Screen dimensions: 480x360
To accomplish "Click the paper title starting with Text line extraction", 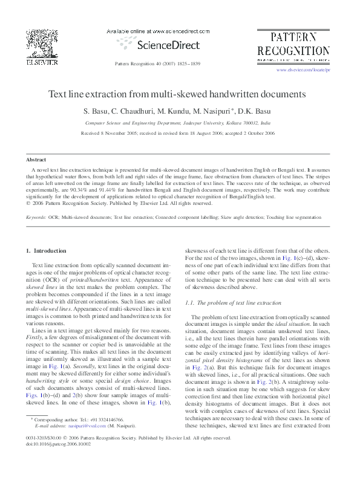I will tap(177, 95).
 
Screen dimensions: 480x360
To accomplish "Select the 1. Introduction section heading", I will tap(46, 250).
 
